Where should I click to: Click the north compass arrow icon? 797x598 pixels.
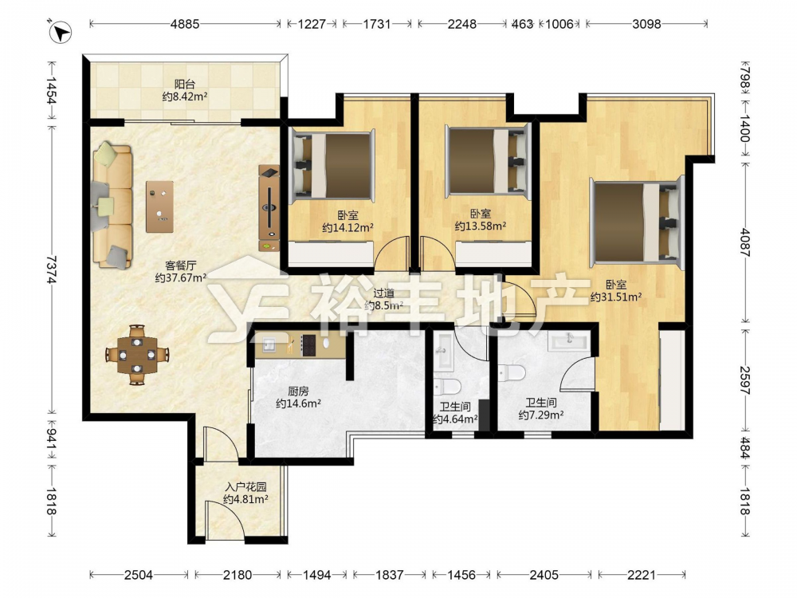[61, 32]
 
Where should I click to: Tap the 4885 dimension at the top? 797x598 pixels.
[185, 24]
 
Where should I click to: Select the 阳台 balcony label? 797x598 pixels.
[185, 85]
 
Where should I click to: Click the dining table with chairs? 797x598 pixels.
[137, 355]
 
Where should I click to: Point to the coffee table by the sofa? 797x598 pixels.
[159, 207]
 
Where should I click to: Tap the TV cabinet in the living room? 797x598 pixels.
[269, 208]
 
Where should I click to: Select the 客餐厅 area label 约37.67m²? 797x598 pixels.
[180, 277]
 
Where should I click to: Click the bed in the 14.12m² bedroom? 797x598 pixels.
[332, 165]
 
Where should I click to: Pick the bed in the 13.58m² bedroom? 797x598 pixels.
[488, 162]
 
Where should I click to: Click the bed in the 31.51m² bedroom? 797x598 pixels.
[636, 221]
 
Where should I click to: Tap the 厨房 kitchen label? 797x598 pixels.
[298, 391]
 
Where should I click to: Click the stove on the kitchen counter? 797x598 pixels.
[308, 344]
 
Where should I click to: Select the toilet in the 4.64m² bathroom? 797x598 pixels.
[447, 387]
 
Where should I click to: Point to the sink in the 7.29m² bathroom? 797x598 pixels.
[569, 340]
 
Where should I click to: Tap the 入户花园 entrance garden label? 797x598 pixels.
[245, 487]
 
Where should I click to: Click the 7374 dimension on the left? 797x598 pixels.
[51, 269]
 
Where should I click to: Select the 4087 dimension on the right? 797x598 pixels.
[744, 242]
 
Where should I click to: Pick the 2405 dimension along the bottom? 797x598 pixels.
[544, 575]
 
